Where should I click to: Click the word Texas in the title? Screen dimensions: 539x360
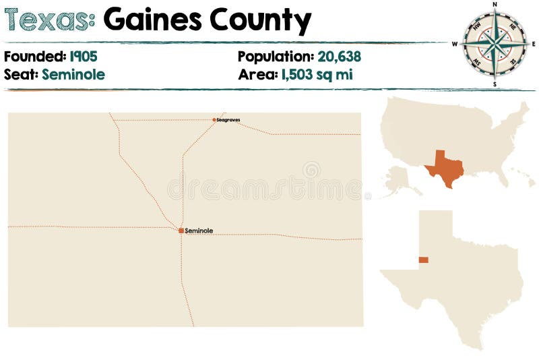point(49,20)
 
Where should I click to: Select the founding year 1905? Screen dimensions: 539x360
point(84,57)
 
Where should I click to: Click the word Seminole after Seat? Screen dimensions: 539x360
point(73,74)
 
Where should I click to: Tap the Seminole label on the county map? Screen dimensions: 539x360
point(199,231)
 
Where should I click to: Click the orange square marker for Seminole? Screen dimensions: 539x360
point(181,231)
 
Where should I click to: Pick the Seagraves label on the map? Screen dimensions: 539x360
point(228,120)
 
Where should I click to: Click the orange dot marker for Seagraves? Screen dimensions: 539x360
point(214,120)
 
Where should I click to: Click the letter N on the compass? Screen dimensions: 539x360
point(495,4)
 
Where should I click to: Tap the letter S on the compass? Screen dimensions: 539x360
point(495,85)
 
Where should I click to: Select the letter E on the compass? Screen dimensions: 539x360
point(534,44)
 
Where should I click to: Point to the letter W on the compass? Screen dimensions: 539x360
point(455,44)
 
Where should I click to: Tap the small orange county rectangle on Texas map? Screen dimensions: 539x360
point(423,260)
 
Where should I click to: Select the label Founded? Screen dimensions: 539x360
point(35,57)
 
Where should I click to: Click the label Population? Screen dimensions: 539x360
point(274,57)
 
